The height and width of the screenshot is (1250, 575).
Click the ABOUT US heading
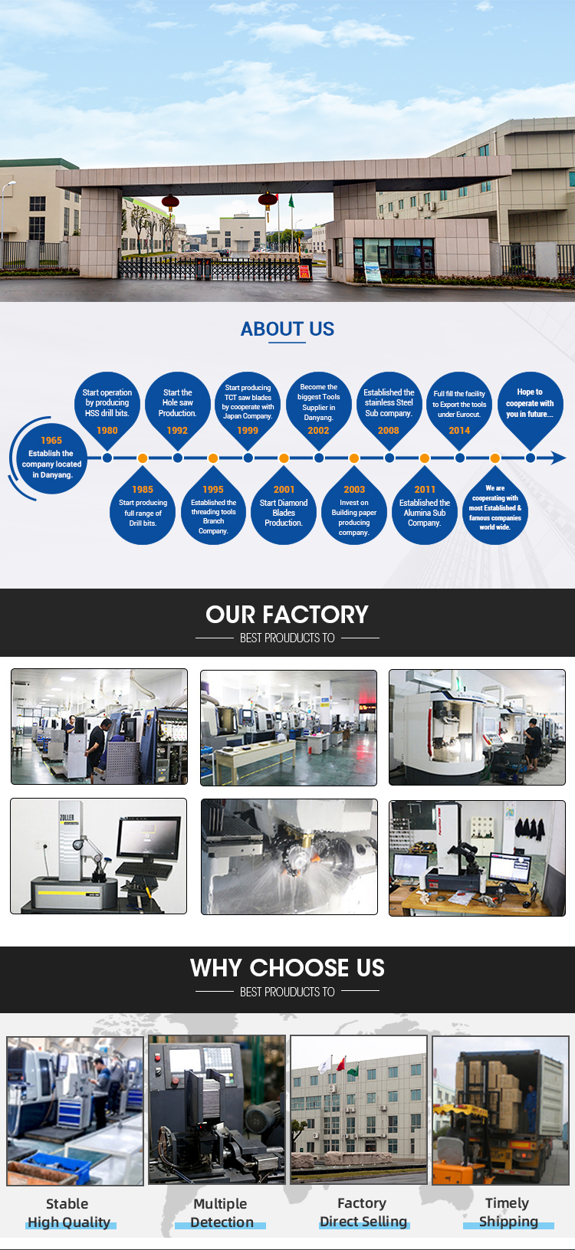287,329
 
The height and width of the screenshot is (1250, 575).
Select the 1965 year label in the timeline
51,440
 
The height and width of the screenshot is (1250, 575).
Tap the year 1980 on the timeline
107,430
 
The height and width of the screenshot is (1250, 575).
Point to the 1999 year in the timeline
248,430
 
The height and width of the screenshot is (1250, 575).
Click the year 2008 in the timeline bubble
389,430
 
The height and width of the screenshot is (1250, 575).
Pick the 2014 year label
459,430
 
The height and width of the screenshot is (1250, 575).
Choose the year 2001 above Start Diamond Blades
284,490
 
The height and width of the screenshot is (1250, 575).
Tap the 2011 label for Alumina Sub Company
424,490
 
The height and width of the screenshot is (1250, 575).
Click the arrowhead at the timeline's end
559,458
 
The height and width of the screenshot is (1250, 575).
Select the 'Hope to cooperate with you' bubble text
530,403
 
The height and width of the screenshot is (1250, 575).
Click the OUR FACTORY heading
287,615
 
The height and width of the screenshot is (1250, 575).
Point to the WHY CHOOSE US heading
287,968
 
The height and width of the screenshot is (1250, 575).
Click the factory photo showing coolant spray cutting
289,857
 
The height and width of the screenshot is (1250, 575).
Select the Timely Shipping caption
508,1212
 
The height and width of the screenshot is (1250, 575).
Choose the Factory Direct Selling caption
363,1212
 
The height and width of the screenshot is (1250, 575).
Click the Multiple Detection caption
221,1212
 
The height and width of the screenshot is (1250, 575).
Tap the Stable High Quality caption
69,1212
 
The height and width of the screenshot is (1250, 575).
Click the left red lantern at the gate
170,202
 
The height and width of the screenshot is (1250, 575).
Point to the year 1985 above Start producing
143,490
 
